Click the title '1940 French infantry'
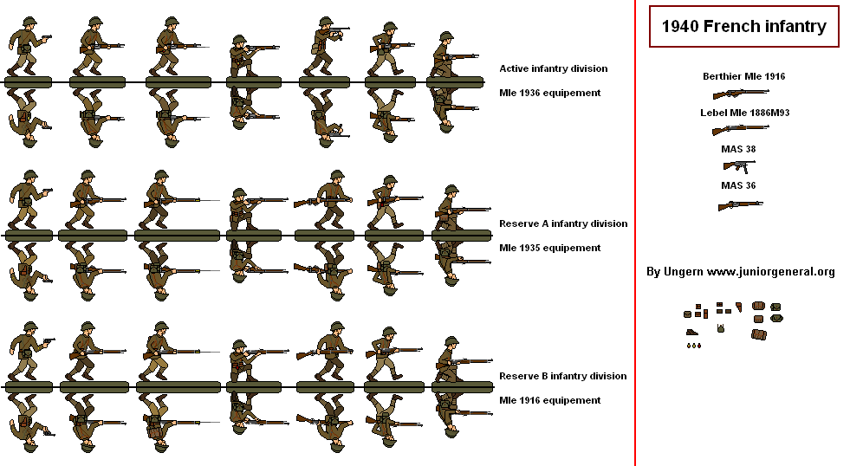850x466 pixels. [743, 27]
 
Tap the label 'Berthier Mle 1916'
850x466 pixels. [743, 76]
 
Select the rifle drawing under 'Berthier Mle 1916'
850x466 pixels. [740, 93]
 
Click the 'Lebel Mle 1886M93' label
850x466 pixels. [744, 113]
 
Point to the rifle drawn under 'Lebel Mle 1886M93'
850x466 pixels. [740, 129]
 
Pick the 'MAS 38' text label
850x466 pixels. [738, 149]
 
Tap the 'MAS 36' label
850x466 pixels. [738, 185]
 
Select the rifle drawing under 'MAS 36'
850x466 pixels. [740, 204]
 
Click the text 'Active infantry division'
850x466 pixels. [553, 68]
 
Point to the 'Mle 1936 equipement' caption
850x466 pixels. [550, 93]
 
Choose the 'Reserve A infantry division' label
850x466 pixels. [563, 223]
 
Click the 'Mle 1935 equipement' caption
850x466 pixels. [550, 248]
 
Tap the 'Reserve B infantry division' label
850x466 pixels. [563, 376]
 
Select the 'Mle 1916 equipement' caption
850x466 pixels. [550, 400]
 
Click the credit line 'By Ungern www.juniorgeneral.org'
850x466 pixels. [740, 272]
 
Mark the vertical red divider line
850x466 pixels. [635, 233]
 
